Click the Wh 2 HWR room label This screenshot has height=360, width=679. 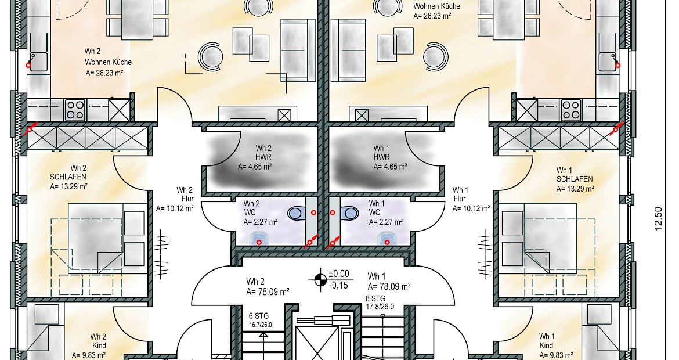coord(255,157)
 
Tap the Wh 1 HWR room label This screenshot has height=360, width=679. coord(390,157)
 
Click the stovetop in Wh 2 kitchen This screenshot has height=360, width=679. coord(75,110)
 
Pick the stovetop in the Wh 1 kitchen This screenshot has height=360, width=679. coord(570,110)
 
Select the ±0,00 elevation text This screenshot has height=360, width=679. coord(339,273)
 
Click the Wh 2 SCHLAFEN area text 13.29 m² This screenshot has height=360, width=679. coord(69,187)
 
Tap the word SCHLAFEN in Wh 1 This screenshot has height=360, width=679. coord(575,179)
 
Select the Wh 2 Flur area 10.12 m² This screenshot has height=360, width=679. coord(175,208)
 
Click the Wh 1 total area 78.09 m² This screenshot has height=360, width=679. coord(389,286)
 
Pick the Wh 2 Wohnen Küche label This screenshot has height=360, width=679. coord(108,62)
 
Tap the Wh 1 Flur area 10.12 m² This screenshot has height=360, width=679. coord(472,208)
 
